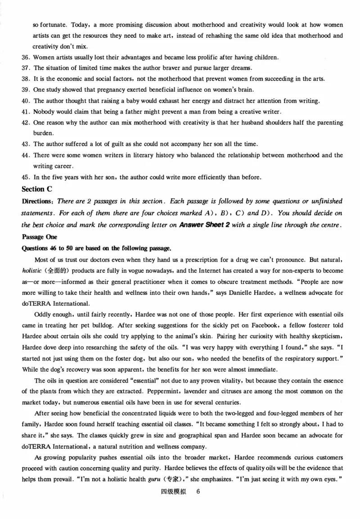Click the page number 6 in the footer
pos(198,492)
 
